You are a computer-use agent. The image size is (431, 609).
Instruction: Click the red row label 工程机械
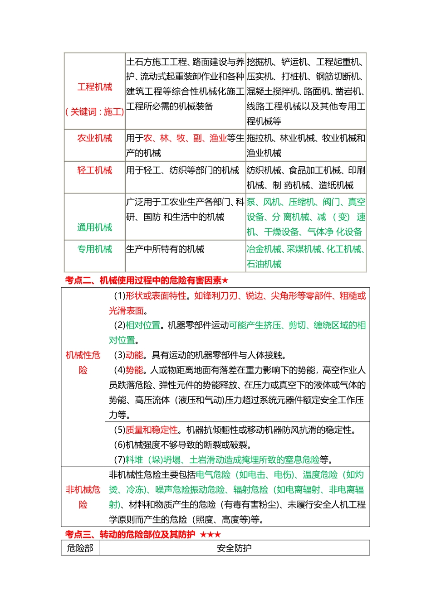click(94, 87)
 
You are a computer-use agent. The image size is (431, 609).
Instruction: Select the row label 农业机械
click(94, 138)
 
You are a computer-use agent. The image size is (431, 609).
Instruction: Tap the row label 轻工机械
click(94, 170)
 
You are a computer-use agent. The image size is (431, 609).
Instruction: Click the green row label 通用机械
click(94, 227)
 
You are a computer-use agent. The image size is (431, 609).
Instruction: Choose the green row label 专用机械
click(94, 249)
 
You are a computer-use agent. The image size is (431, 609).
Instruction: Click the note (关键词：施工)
click(94, 112)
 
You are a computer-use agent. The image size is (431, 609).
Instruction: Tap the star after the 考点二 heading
click(225, 280)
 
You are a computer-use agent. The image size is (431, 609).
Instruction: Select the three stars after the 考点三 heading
click(211, 535)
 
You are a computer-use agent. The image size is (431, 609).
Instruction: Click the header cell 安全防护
click(234, 548)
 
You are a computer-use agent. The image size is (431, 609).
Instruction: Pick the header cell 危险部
click(80, 548)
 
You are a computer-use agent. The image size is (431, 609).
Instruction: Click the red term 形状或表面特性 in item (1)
click(156, 296)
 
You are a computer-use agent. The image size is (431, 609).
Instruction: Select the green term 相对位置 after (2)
click(143, 325)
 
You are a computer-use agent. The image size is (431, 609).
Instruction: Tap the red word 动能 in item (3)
click(134, 355)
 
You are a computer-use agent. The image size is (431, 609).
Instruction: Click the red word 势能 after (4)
click(134, 370)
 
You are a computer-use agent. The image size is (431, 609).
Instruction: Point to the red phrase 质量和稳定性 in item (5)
click(152, 430)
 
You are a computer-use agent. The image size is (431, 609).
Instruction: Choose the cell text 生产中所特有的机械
click(165, 249)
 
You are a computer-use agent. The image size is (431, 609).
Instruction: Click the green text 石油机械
click(264, 264)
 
